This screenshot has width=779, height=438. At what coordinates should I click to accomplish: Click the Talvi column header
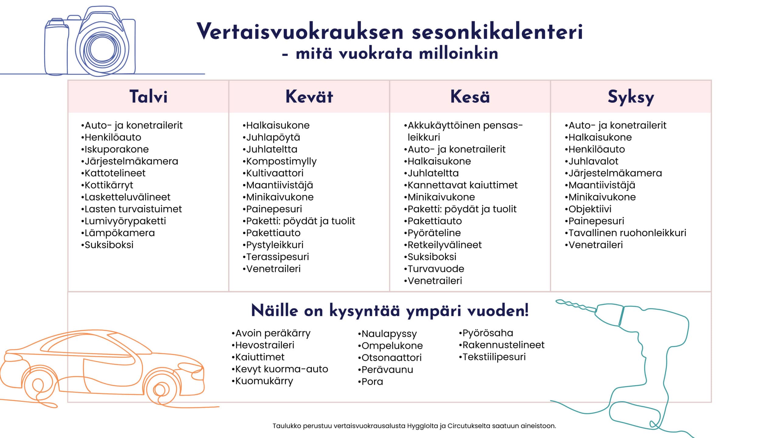point(148,97)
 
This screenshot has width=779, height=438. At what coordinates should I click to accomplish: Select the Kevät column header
point(309,97)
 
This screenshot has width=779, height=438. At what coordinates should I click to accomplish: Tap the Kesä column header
point(470,97)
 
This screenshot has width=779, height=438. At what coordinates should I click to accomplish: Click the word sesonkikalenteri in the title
point(497,32)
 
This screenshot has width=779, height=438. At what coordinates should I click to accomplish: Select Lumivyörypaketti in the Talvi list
point(125,221)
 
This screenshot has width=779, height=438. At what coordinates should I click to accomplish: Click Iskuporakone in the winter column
point(117,149)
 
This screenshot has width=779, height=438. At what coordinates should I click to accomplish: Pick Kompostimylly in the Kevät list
point(281,161)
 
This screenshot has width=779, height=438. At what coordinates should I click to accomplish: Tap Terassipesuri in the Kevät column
point(277,257)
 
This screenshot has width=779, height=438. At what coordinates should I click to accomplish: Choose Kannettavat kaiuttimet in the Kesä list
point(462,185)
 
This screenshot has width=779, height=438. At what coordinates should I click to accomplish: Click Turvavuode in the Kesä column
point(436,269)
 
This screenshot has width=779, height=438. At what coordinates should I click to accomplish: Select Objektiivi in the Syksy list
point(590,209)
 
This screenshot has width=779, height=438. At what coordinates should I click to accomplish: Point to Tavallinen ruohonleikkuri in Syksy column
point(627,233)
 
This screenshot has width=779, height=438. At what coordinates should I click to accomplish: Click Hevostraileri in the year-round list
point(265,345)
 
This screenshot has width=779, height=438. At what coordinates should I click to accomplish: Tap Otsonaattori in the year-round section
point(391,358)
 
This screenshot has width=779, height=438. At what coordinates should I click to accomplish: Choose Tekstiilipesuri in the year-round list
point(494,357)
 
